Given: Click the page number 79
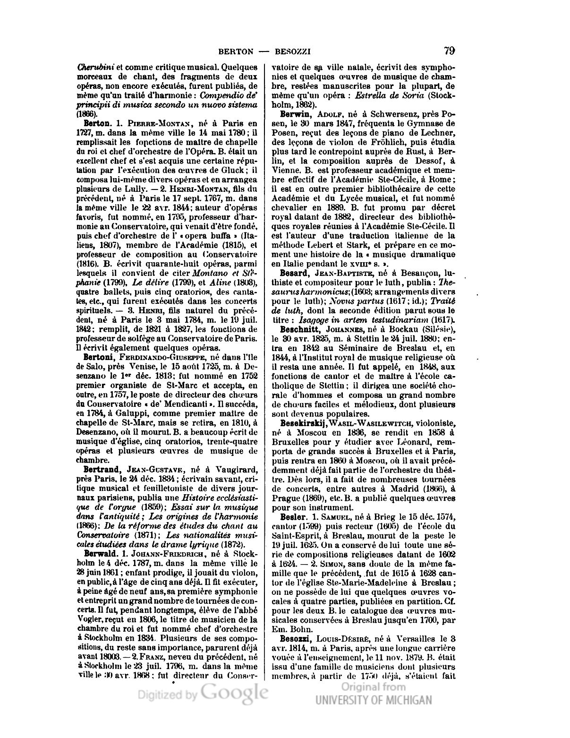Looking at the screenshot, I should point(449,51).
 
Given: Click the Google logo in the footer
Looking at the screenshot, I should point(234,693).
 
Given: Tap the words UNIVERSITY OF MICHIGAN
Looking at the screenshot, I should point(374,700).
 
